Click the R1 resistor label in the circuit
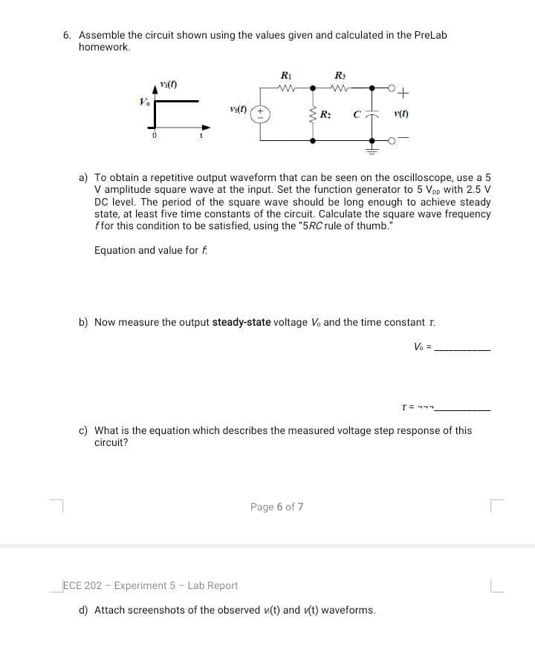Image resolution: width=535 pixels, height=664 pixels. (285, 75)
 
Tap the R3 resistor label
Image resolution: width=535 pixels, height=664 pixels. (340, 75)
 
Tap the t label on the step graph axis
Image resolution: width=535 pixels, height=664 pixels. (198, 137)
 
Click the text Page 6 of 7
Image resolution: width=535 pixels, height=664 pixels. (276, 507)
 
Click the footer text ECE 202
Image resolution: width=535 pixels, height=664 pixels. (85, 585)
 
